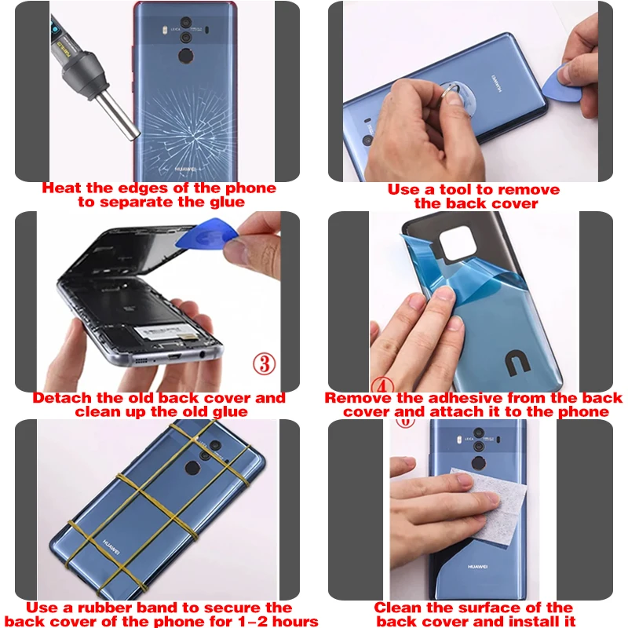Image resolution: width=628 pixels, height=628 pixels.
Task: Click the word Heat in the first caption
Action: pyautogui.click(x=60, y=188)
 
